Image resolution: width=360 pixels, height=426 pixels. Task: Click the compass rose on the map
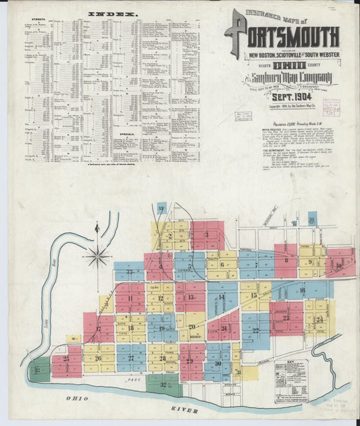(99, 255)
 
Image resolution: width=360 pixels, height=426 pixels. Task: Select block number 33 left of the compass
(129, 273)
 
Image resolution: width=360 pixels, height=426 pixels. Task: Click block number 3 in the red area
(207, 235)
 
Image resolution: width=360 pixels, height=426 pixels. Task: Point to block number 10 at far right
(338, 266)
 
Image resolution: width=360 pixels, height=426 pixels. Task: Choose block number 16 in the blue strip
(301, 290)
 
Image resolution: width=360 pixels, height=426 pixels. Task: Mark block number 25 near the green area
(66, 358)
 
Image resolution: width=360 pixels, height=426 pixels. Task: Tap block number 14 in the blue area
(221, 297)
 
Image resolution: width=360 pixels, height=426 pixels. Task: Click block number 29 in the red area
(190, 361)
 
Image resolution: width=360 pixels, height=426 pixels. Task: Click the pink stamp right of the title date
(331, 108)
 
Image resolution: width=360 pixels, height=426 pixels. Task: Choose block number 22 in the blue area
(256, 329)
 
